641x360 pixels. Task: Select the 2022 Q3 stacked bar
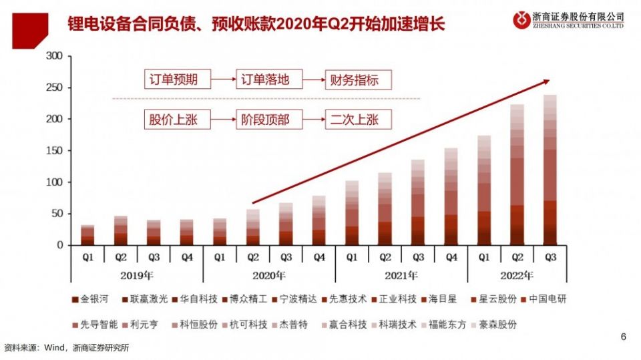[550, 170]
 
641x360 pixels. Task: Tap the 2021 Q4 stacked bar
[451, 196]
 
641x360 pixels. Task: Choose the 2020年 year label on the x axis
[269, 275]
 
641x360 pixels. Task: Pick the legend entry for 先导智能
[96, 324]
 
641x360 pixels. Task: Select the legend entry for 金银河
[92, 299]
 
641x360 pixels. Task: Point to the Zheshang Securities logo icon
[521, 19]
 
